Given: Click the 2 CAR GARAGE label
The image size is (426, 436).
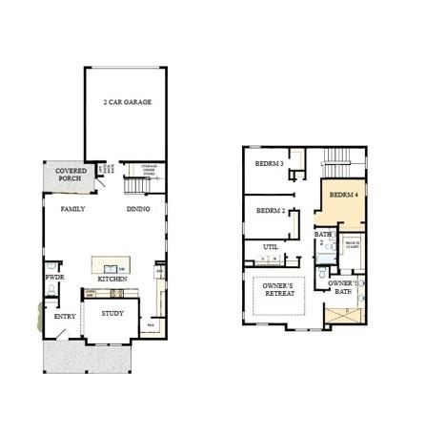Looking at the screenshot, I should [x=128, y=102].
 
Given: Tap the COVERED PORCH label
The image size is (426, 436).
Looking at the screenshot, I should [x=71, y=176].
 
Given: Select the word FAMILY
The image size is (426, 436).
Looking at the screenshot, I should [x=73, y=208].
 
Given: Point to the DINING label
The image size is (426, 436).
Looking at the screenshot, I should [x=139, y=208].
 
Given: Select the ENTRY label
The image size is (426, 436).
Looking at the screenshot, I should [x=65, y=317].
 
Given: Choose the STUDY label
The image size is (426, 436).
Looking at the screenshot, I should [x=112, y=313].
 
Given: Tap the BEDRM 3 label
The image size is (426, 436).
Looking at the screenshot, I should [x=271, y=163].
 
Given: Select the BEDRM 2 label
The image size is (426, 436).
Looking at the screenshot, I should [x=271, y=210].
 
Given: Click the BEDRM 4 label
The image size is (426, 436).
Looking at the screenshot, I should [x=344, y=195].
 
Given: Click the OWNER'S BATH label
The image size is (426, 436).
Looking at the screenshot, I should [x=342, y=287].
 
